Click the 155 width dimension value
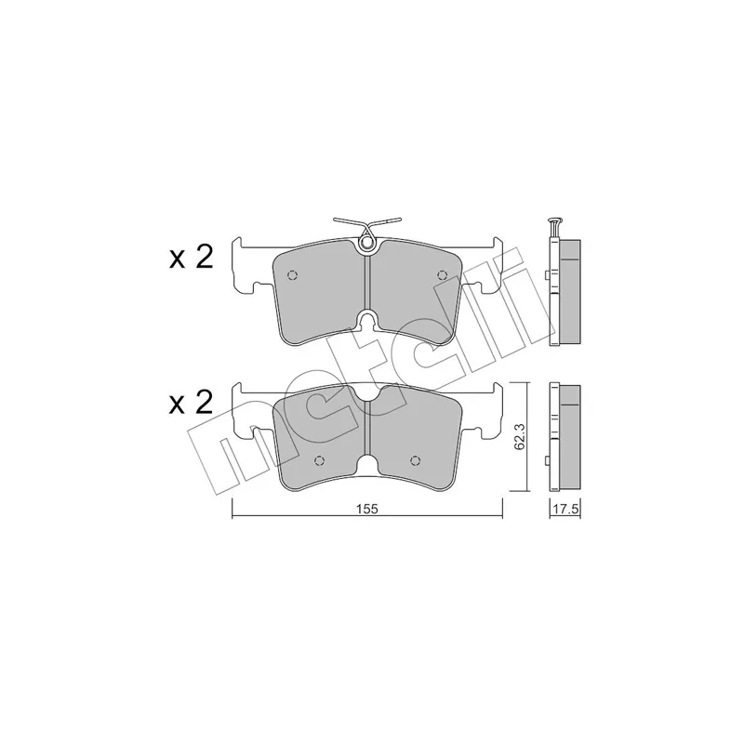pos(367,509)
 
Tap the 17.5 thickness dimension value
pos(565,510)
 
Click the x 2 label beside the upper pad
pos(191,259)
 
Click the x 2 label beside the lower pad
pos(191,403)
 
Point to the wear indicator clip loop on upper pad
pos(366,243)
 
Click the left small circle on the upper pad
pos(292,275)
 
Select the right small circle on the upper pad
pos(443,274)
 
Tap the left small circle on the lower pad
pos(319,460)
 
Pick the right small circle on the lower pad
pos(415,459)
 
